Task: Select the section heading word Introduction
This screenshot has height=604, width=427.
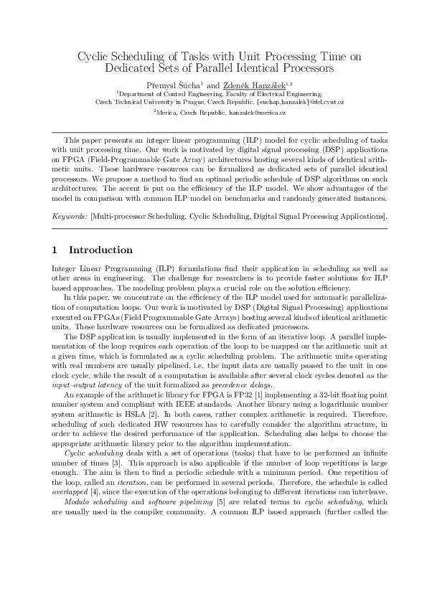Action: pyautogui.click(x=100, y=250)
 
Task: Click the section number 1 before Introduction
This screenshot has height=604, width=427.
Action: pyautogui.click(x=55, y=250)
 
